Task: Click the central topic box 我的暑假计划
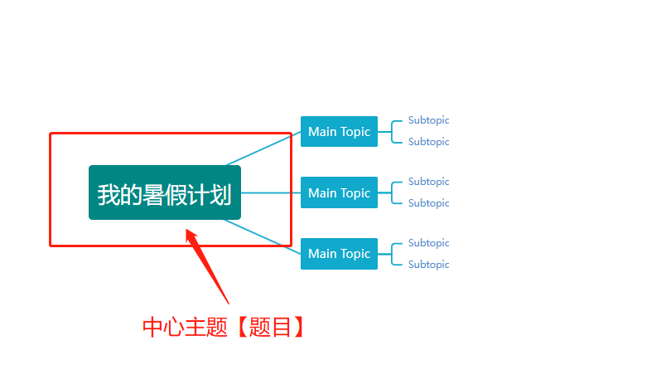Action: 164,192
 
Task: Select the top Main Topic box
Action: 339,132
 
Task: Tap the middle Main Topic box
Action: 339,193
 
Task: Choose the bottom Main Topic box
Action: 339,254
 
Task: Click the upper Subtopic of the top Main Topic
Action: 428,120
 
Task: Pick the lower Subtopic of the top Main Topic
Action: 428,142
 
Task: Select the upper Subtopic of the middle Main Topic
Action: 428,182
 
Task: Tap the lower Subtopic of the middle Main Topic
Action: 428,203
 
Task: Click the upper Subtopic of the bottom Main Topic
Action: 428,243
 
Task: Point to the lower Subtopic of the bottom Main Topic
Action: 428,265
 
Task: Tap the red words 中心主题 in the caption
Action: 185,328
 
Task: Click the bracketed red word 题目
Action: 270,328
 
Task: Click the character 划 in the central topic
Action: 221,195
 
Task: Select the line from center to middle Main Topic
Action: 270,193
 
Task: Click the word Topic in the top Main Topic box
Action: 355,132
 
